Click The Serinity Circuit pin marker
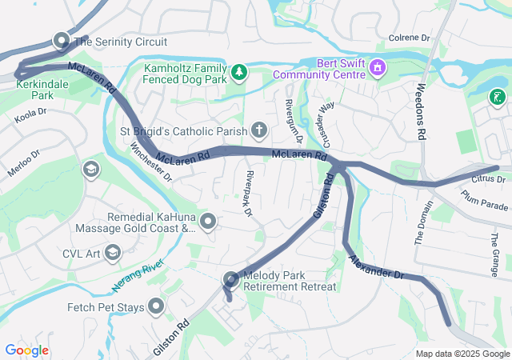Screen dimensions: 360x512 pyautogui.click(x=62, y=40)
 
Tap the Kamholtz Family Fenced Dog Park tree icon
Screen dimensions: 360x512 pyautogui.click(x=239, y=74)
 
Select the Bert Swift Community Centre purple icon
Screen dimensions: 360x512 pyautogui.click(x=377, y=69)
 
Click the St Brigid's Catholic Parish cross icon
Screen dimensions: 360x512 pyautogui.click(x=258, y=130)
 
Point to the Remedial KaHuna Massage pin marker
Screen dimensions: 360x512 pyautogui.click(x=208, y=222)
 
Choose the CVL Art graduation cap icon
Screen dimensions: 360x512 pyautogui.click(x=112, y=254)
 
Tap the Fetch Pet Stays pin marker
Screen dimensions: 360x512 pyautogui.click(x=154, y=306)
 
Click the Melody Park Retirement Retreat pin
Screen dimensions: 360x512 pyautogui.click(x=231, y=279)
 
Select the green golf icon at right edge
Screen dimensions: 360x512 pyautogui.click(x=498, y=98)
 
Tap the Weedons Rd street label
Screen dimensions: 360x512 pyautogui.click(x=420, y=112)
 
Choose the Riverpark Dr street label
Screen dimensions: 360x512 pyautogui.click(x=249, y=194)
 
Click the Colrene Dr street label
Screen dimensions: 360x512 pyautogui.click(x=409, y=38)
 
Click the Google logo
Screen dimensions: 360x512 pyautogui.click(x=26, y=350)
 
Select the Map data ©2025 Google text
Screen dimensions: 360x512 pyautogui.click(x=462, y=354)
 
